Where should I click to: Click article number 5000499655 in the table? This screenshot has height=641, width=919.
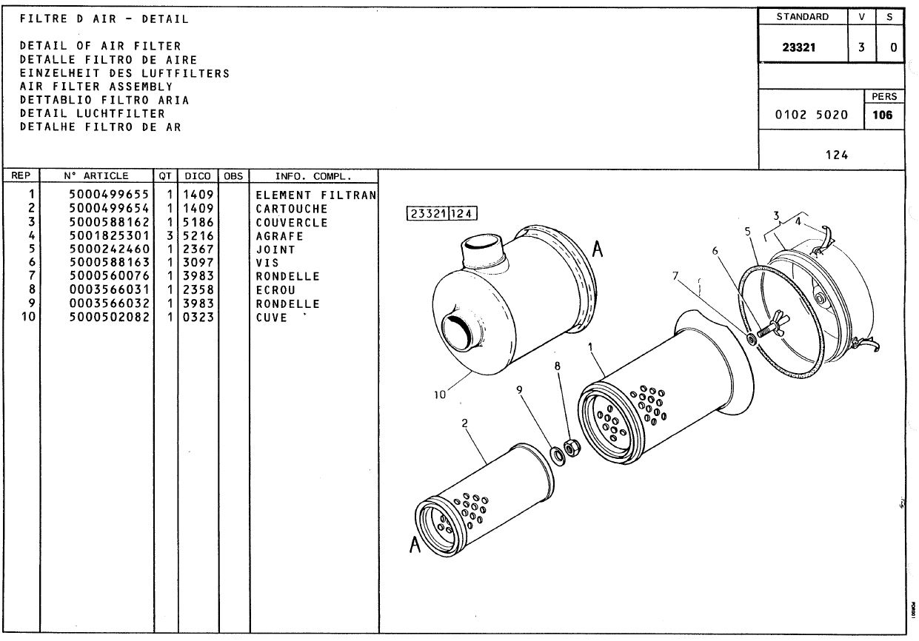[109, 194]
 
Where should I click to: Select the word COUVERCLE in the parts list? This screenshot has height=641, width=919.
[292, 223]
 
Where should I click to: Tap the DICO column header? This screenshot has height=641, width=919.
[197, 176]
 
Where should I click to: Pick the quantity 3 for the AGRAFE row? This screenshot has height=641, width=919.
[170, 236]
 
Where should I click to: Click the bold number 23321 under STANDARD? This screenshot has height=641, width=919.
[798, 47]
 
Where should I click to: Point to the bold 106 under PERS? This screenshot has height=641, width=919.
[883, 115]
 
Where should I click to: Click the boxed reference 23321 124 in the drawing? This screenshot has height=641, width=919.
[442, 214]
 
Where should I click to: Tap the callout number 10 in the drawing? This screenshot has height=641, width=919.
[439, 395]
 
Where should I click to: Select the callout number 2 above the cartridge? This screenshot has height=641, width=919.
[464, 423]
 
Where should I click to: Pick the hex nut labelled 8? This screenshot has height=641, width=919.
[572, 448]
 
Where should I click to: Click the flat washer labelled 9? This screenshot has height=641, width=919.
[557, 456]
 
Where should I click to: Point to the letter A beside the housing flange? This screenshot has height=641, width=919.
[598, 249]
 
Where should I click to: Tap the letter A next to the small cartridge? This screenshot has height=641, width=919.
[415, 545]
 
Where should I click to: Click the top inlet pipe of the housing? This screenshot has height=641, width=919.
[484, 252]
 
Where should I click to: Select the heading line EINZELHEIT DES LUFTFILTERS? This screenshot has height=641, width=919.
[124, 73]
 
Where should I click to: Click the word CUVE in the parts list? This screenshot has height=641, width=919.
[271, 318]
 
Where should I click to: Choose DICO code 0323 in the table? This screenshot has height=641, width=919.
[198, 317]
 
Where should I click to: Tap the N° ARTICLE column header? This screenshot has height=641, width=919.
[96, 176]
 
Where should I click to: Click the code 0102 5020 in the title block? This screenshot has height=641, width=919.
[811, 115]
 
